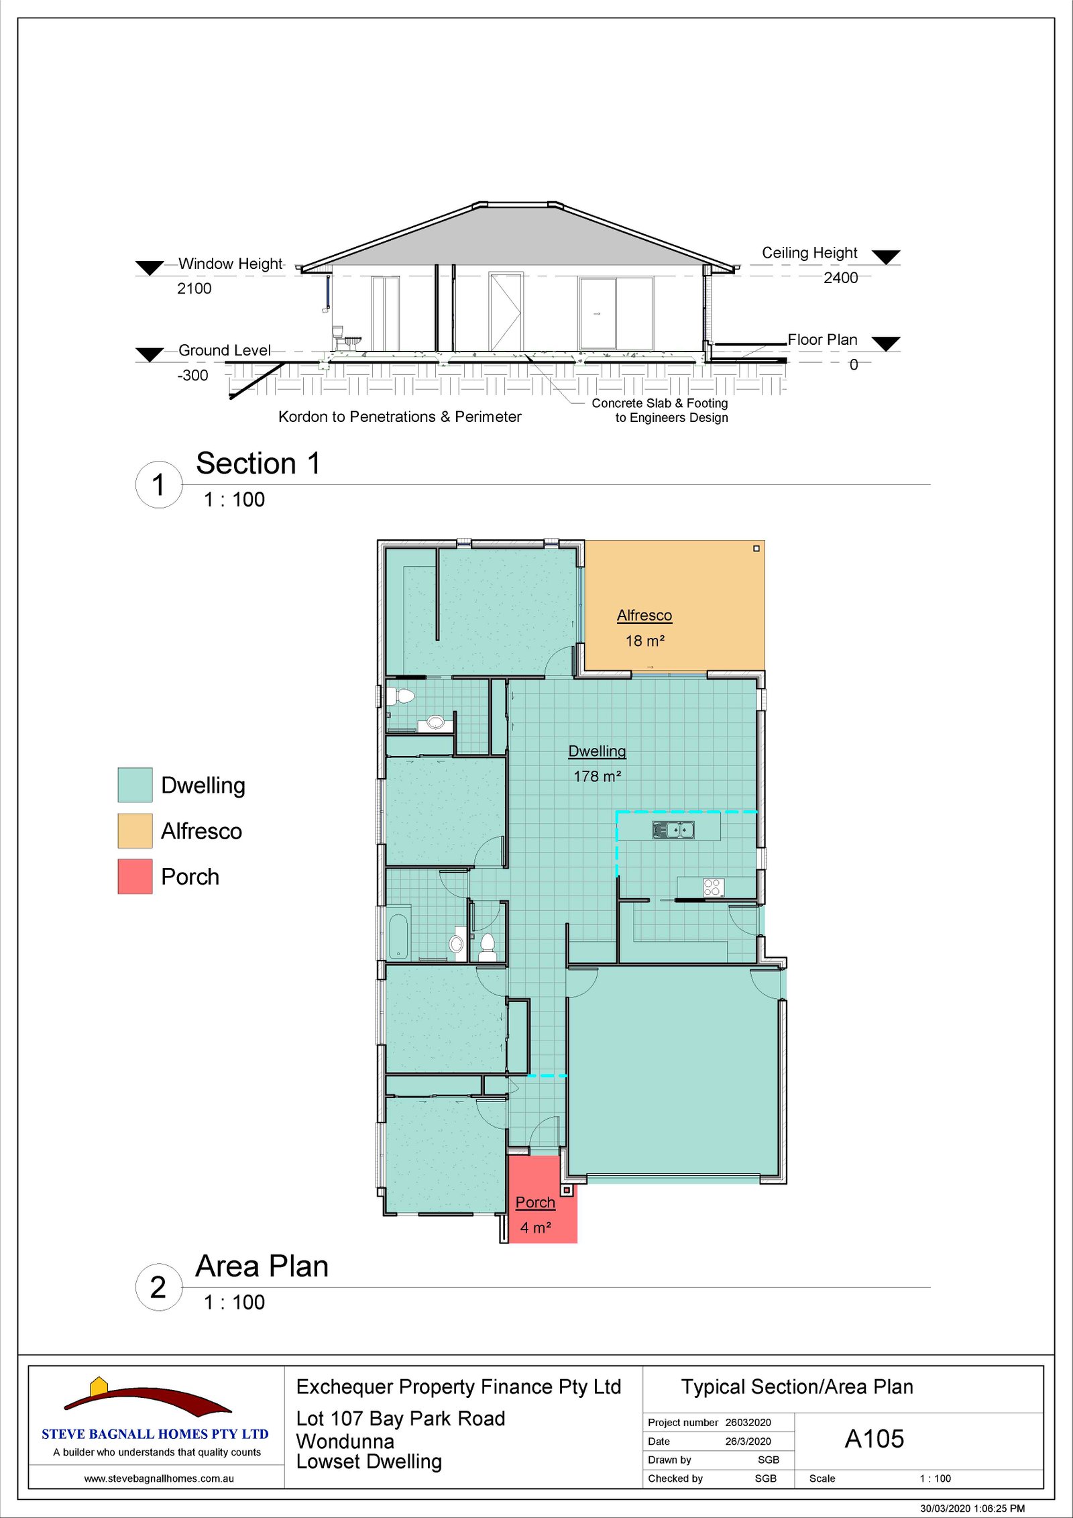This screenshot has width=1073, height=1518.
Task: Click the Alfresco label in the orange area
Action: coord(644,615)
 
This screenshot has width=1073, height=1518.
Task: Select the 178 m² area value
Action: coord(598,776)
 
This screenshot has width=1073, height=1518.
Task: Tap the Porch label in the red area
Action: coord(535,1202)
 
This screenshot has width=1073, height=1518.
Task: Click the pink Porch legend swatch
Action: coord(135,876)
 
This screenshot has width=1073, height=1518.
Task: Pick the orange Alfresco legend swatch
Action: coord(135,830)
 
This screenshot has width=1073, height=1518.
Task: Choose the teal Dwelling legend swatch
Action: coord(135,785)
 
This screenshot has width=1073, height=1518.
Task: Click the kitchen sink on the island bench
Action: coord(673,830)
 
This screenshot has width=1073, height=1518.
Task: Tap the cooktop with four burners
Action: coord(714,887)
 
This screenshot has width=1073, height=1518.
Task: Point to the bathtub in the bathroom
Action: coord(399,932)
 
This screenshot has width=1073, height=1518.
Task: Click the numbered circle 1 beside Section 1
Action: coord(158,484)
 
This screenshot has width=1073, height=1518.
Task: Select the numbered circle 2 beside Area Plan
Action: coord(158,1287)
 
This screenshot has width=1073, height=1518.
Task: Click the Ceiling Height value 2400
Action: coord(841,278)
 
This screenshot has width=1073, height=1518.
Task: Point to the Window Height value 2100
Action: coord(194,288)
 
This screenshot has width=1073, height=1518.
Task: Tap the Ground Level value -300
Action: coord(193,375)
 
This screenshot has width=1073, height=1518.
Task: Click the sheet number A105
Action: coord(874,1439)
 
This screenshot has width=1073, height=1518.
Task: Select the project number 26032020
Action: coord(748,1422)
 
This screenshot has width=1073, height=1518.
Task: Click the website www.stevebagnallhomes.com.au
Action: coord(159,1478)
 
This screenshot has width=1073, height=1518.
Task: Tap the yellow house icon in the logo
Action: coord(99,1386)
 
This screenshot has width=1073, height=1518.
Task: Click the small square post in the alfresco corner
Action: coord(756,549)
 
